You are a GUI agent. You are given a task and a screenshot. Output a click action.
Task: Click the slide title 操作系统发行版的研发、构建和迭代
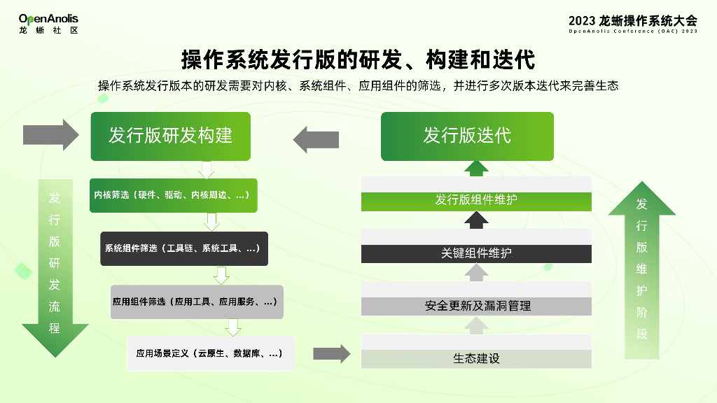[x=358, y=59]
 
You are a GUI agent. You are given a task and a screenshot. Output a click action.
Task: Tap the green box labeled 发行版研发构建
[x=170, y=136]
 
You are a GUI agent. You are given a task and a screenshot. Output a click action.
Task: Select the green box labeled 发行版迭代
[x=467, y=136]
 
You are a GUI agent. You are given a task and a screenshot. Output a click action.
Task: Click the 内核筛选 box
[x=172, y=195]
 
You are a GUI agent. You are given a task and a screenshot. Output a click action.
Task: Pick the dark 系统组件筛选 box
[x=183, y=248]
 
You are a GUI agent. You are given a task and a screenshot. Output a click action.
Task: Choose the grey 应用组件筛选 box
[x=196, y=302]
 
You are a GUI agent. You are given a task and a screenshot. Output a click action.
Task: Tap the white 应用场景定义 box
[x=210, y=354]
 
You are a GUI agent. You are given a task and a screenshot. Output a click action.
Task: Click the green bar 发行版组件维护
[x=476, y=200]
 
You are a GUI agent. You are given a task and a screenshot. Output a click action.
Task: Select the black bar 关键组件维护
[x=476, y=253]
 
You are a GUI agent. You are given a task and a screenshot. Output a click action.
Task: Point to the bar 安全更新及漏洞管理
[x=476, y=306]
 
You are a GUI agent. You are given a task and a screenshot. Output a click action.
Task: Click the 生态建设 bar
[x=476, y=359]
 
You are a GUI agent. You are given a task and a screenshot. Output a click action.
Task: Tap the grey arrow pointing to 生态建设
[x=331, y=353]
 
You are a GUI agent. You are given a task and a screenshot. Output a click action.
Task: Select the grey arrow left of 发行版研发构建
[x=52, y=135]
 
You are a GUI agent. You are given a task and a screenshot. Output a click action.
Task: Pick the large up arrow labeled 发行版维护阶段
[x=641, y=269]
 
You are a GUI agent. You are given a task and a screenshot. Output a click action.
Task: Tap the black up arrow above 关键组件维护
[x=477, y=220]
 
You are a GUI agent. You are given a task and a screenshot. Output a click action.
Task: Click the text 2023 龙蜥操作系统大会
[x=633, y=20]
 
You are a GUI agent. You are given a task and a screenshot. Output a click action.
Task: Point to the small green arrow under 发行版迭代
[x=477, y=168]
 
